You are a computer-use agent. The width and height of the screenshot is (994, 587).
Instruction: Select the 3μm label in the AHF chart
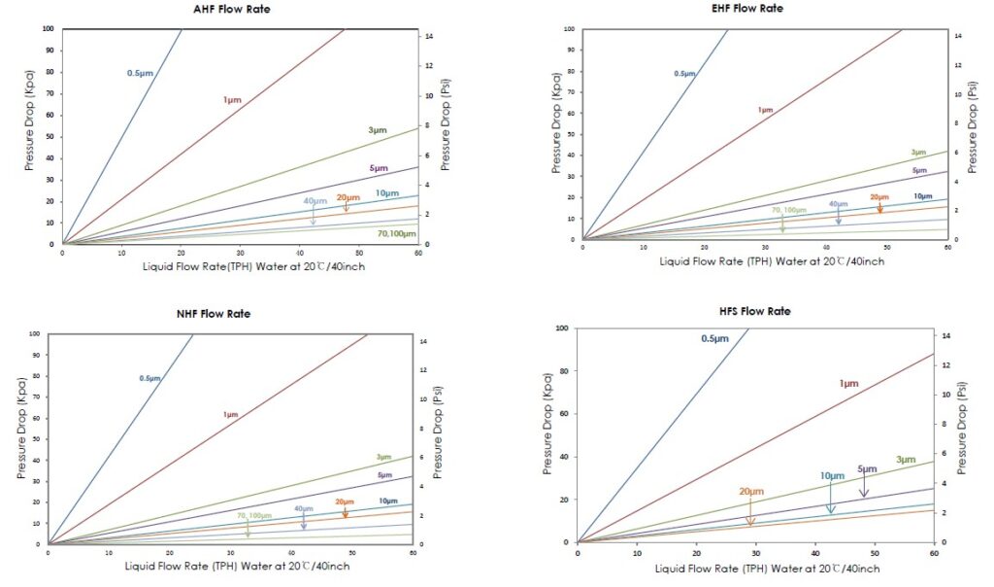point(376,130)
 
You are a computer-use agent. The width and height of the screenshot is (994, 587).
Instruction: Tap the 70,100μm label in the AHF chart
point(396,234)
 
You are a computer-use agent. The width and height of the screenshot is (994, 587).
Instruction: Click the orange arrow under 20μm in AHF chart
point(346,207)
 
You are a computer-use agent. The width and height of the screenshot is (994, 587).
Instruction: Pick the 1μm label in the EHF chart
point(765,110)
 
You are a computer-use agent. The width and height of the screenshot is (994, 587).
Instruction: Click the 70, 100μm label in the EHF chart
point(788,210)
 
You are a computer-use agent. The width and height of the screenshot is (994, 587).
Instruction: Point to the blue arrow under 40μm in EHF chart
point(839,217)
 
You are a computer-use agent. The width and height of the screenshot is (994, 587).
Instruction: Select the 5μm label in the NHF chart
point(384,474)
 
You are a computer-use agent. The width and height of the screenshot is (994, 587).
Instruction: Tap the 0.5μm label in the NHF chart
point(149,378)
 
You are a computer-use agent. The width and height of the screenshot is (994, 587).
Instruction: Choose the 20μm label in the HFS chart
point(751,491)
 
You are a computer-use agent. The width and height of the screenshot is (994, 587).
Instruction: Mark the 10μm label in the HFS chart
point(832,475)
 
